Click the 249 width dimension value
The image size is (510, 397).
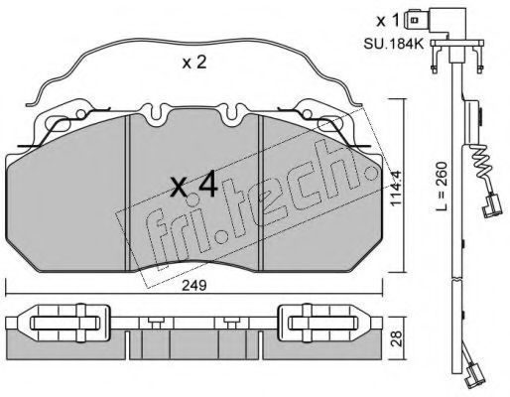196,286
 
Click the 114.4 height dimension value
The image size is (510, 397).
396,189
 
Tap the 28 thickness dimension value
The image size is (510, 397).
396,337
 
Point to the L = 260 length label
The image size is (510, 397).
441,187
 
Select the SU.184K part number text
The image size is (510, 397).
394,44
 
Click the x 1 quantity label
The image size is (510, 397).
388,21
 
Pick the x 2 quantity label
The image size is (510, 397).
194,63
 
